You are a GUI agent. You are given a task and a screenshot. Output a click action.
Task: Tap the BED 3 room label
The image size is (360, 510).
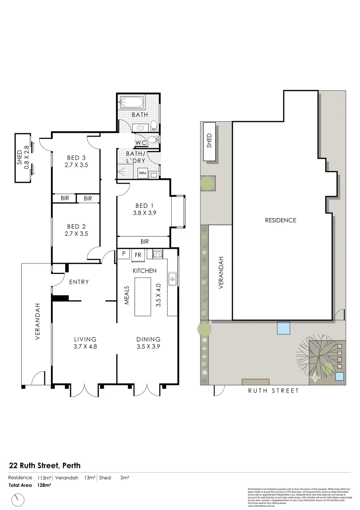[x=76, y=158]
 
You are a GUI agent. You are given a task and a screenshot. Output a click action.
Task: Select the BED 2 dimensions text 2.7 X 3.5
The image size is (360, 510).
[x=76, y=233]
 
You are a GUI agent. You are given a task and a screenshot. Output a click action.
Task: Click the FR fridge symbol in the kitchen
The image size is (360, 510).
[x=138, y=255]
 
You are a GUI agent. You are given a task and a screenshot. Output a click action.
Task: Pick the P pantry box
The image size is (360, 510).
[x=124, y=254]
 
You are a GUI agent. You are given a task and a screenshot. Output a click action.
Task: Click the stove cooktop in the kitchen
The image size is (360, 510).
[x=158, y=255]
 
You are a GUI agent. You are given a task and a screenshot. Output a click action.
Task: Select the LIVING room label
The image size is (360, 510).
[x=85, y=339]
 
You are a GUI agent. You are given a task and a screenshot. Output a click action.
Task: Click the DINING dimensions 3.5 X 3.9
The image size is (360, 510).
[x=148, y=347]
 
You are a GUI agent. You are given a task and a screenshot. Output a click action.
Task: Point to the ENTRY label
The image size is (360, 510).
[x=79, y=282]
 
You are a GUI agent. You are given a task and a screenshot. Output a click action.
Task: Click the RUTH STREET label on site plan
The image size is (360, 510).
[x=274, y=391]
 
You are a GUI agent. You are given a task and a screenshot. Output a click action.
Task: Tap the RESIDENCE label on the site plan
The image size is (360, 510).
[x=280, y=220]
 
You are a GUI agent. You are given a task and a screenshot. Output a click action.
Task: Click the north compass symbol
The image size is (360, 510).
[x=18, y=499]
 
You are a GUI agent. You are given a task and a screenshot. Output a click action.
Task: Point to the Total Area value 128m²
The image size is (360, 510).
[x=44, y=485]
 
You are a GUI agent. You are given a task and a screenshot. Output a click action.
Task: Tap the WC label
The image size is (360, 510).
[x=141, y=142]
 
